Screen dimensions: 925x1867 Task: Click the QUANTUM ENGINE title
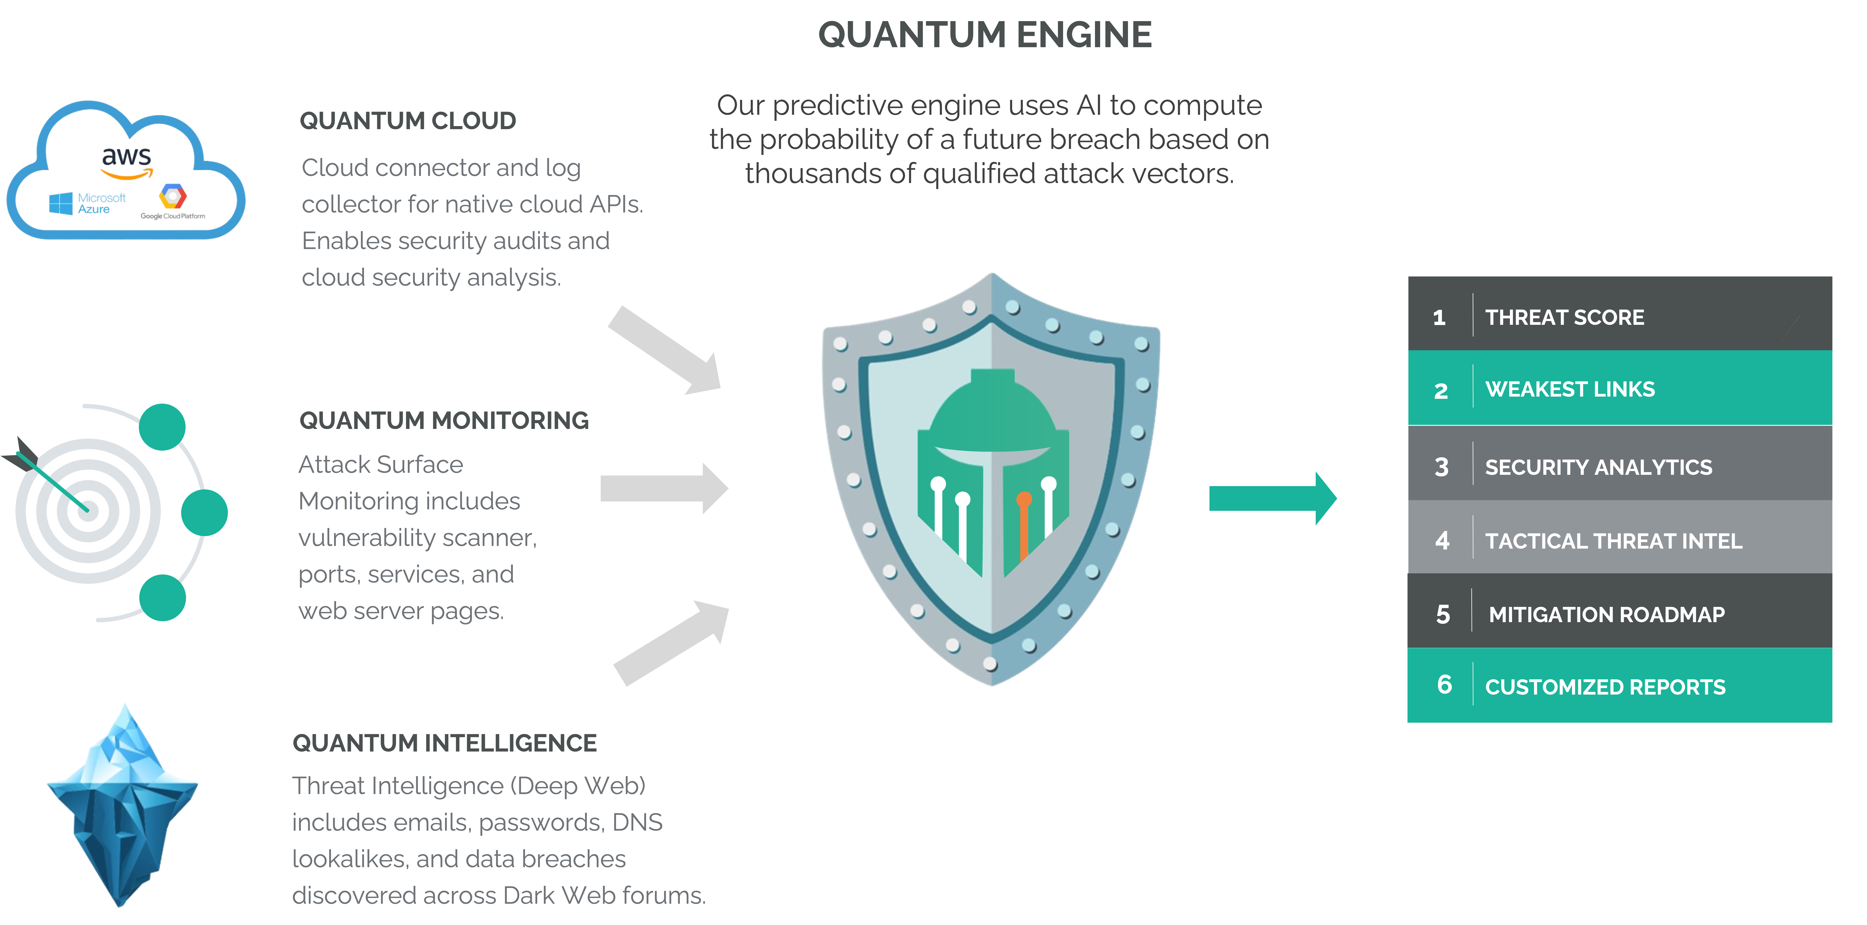coord(984,35)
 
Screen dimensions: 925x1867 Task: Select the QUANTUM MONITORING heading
coord(443,421)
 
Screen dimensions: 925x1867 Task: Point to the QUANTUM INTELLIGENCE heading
coord(444,743)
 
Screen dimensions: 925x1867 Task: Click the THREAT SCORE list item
coord(1564,317)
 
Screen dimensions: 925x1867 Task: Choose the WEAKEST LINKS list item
coord(1570,389)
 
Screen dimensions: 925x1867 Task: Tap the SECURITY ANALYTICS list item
coord(1598,467)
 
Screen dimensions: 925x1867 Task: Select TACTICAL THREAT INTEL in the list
coord(1613,541)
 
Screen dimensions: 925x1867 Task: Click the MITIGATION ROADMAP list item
coord(1606,615)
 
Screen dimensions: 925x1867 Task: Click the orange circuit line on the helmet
coord(1023,526)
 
